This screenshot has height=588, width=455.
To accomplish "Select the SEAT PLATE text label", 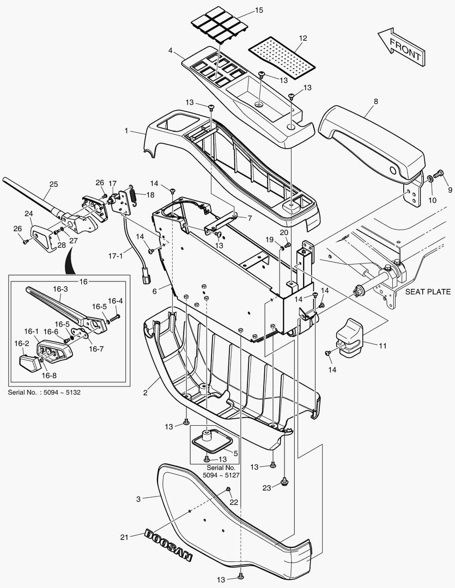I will (428, 292).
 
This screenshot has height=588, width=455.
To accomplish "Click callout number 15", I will (258, 11).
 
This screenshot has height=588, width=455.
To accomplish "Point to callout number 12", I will (302, 38).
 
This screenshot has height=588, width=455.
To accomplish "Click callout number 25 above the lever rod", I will (53, 185).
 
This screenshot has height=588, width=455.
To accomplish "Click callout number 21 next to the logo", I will (124, 537).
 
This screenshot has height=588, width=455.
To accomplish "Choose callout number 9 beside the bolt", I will (450, 190).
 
